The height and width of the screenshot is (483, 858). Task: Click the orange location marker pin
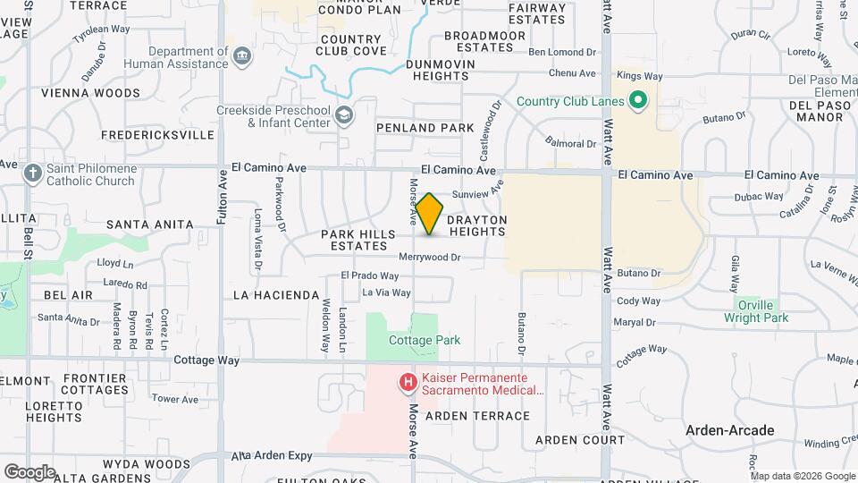coord(430,214)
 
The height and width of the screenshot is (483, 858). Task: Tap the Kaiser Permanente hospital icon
coord(408,383)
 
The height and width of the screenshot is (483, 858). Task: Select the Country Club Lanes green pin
coord(638,101)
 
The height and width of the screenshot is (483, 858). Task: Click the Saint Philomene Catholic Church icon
coord(33,173)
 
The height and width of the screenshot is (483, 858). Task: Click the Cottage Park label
coord(425,340)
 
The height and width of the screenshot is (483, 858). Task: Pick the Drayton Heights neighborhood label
coord(477,225)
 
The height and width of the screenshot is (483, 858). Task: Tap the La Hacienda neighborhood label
coord(275,294)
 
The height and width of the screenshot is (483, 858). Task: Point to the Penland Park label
coord(425,128)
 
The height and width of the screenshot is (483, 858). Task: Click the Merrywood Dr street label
coord(429,258)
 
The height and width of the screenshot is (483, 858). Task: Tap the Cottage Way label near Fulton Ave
coord(206,360)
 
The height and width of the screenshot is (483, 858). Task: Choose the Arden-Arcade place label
coord(729,430)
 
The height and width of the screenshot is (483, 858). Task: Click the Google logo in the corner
coord(29,471)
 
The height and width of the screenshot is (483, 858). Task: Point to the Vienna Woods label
coord(90,93)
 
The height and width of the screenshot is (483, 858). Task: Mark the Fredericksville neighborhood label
coord(157,135)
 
